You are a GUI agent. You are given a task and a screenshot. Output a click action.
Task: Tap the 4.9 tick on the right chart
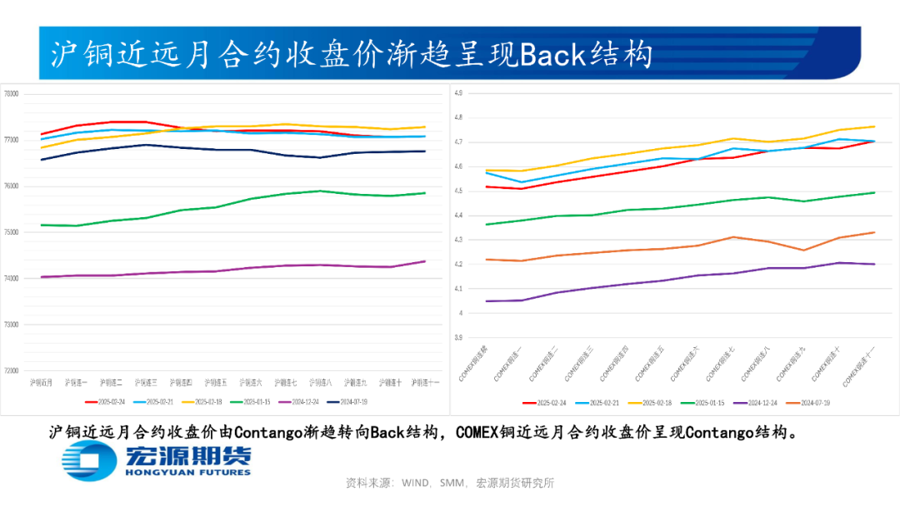(x=457, y=93)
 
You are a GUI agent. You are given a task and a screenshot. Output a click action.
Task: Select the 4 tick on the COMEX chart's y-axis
(x=459, y=314)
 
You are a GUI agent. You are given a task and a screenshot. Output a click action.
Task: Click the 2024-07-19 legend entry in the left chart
(x=349, y=401)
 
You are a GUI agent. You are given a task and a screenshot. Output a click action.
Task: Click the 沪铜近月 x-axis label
(x=41, y=383)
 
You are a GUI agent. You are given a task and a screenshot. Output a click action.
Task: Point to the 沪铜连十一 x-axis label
(x=426, y=383)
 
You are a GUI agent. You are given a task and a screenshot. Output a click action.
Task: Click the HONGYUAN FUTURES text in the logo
(x=187, y=472)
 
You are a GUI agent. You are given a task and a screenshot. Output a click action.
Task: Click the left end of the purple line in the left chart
(x=41, y=277)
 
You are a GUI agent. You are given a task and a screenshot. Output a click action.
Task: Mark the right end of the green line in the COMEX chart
(x=874, y=192)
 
